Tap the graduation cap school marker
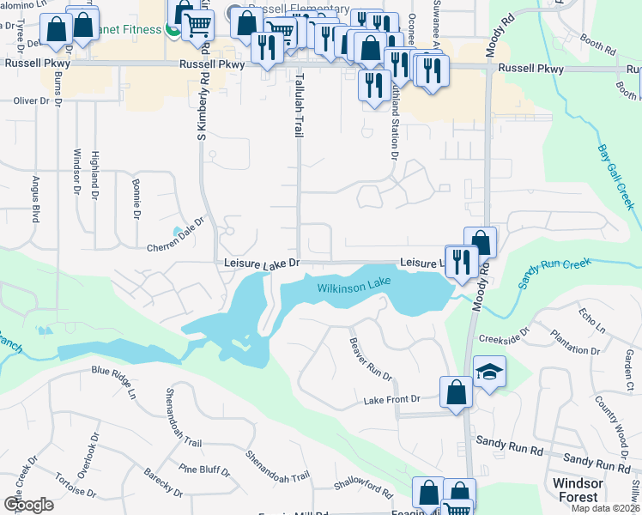point(489,373)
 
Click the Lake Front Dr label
point(391,400)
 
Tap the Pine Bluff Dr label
point(204,470)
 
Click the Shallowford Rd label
point(363,494)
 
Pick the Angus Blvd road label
point(36,201)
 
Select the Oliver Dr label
point(31,100)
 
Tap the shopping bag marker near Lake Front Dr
point(456,391)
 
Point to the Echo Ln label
point(593,320)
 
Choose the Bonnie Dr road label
point(136,200)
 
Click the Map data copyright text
point(605,508)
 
